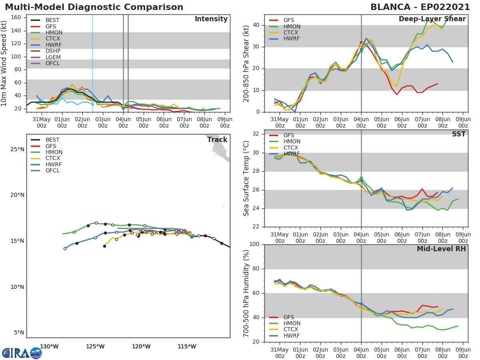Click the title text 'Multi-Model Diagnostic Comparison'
[x=94, y=7]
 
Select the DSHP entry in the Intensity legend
[x=53, y=51]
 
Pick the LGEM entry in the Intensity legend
[x=53, y=57]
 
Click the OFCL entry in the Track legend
[x=52, y=170]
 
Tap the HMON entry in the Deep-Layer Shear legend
[x=292, y=26]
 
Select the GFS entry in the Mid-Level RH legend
[x=288, y=317]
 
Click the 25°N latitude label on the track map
[x=17, y=150]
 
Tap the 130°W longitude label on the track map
[x=49, y=346]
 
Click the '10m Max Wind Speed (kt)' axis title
[x=4, y=63]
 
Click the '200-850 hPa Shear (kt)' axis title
[x=246, y=63]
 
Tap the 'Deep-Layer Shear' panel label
[x=432, y=19]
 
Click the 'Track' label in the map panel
[x=217, y=140]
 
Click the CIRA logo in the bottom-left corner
[x=22, y=353]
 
